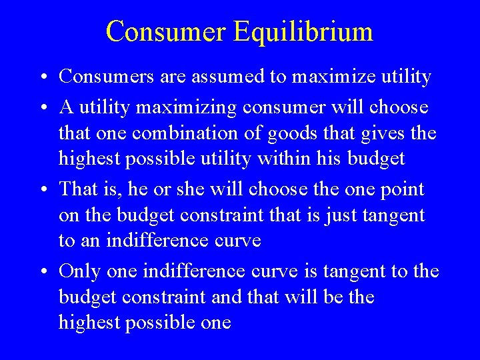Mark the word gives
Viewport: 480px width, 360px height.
380,133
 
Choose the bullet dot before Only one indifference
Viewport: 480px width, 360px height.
43,272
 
